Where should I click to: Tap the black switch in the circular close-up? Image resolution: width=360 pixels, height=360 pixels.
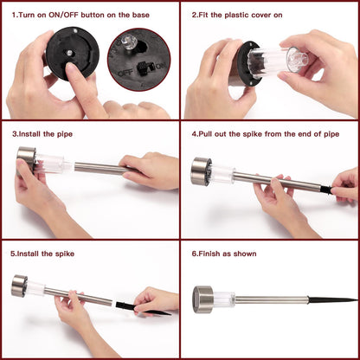(144, 68)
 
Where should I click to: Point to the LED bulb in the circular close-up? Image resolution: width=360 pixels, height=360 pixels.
(127, 42)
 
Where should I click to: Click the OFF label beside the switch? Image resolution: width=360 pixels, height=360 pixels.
(125, 73)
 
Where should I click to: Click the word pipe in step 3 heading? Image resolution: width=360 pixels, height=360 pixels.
(65, 134)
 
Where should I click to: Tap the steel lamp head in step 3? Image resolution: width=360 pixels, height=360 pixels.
(26, 159)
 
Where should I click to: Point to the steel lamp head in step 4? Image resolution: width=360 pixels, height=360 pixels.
(200, 171)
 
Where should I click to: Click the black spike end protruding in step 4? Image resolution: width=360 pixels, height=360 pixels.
(327, 190)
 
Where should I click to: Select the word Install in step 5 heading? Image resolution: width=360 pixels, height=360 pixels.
(29, 254)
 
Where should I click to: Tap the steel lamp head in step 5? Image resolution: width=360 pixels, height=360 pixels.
(19, 286)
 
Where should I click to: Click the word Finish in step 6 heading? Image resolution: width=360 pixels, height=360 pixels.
(209, 254)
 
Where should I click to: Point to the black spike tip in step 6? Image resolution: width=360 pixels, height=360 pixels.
(357, 299)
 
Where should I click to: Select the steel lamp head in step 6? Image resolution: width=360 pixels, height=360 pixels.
(202, 299)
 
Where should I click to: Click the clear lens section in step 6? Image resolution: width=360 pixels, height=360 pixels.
(224, 299)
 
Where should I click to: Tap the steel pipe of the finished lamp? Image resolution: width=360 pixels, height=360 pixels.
(271, 299)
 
